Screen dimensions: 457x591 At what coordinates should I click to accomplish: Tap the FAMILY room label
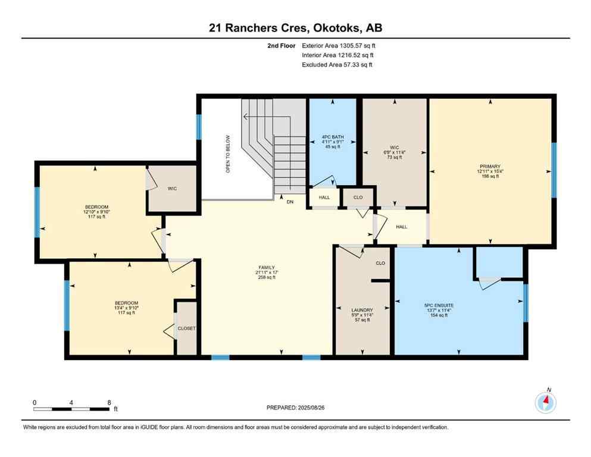click(266, 267)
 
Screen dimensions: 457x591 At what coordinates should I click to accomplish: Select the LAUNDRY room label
click(362, 310)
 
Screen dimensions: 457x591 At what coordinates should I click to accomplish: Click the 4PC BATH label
click(332, 136)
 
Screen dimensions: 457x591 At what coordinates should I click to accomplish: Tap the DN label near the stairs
click(290, 202)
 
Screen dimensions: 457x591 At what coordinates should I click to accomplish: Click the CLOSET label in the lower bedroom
click(186, 328)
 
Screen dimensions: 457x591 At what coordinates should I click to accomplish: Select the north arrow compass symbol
click(545, 403)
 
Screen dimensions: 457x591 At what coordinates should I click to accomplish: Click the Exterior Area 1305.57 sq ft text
click(339, 45)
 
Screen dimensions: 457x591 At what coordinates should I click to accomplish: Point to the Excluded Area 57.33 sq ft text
click(337, 65)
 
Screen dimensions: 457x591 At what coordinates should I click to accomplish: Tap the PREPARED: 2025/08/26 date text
click(295, 408)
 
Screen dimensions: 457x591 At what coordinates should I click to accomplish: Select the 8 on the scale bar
click(108, 402)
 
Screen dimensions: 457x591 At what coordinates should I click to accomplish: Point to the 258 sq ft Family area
click(266, 277)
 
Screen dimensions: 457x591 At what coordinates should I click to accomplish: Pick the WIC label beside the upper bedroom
click(172, 189)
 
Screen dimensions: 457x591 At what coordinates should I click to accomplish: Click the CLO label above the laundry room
click(380, 263)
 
